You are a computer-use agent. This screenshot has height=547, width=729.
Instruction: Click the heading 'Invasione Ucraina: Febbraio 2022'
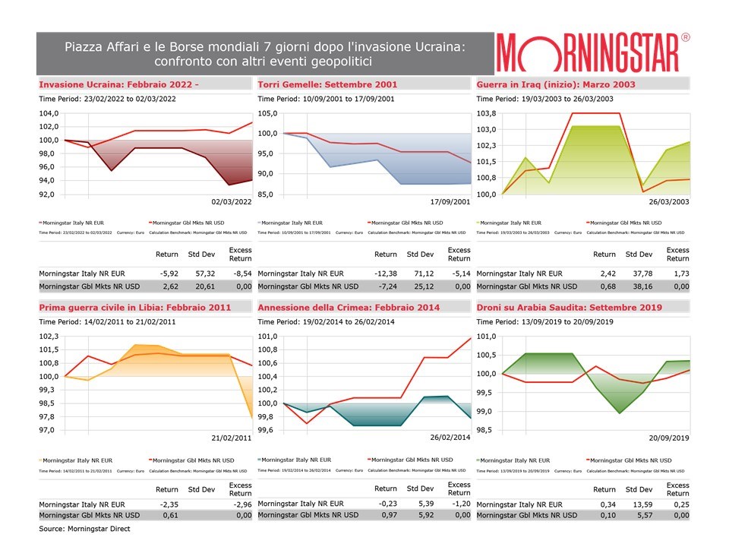click(118, 84)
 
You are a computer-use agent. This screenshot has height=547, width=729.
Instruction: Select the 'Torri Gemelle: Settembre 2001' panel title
click(327, 84)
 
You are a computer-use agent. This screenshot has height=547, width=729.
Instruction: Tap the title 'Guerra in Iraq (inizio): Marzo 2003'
click(556, 84)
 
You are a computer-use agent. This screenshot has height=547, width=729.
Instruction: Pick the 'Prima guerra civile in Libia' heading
click(134, 307)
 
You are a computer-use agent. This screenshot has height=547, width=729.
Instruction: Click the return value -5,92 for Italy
click(168, 273)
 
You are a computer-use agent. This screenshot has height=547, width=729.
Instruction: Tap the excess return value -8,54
click(241, 273)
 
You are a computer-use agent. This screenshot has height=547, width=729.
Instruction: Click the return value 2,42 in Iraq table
click(605, 273)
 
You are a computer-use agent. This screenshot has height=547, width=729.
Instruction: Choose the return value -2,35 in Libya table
click(168, 504)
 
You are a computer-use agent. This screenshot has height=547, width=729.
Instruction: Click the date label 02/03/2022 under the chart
click(231, 203)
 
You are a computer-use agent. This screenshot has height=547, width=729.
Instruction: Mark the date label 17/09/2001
click(450, 203)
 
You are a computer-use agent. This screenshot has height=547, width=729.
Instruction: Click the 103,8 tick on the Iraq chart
click(488, 113)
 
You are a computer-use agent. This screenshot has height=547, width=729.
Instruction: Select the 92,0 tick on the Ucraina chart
click(47, 194)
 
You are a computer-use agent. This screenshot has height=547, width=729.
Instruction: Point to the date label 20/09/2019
click(668, 438)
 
